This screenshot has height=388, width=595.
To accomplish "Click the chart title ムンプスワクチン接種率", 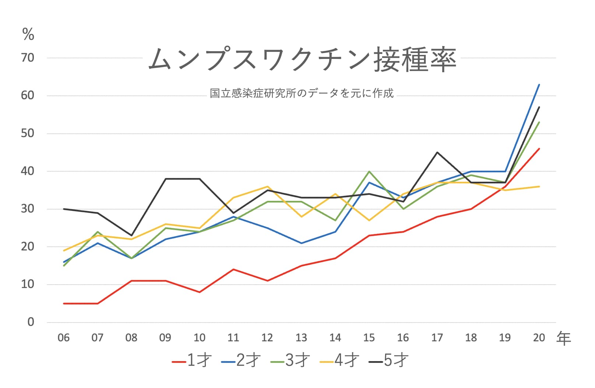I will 302,59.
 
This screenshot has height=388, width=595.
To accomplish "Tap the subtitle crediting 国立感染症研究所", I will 302,93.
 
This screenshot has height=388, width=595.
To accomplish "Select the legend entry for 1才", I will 192,360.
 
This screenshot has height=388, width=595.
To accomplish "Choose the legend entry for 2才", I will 241,360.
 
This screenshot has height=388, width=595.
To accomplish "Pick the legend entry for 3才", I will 290,360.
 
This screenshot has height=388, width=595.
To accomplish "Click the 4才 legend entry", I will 339,360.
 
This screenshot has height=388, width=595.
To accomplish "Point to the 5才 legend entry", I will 389,360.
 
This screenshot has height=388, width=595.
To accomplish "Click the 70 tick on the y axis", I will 28,58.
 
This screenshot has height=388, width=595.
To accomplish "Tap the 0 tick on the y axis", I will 31,322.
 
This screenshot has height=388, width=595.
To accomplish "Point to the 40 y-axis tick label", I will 28,171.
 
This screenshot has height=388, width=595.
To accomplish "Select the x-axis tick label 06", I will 64,338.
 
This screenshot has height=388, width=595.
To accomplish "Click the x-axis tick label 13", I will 301,338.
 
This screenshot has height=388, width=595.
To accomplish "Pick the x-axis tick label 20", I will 539,338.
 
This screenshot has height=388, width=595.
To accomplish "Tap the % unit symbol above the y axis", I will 28,35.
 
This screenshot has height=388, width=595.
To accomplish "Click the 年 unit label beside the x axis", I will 564,338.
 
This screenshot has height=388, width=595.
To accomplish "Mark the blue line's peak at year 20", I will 539,85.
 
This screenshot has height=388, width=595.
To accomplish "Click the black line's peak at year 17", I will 437,152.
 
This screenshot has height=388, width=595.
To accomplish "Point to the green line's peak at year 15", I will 369,172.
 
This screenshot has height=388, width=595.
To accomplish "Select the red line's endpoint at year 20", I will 539,149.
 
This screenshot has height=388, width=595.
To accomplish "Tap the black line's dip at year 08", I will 131,235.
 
